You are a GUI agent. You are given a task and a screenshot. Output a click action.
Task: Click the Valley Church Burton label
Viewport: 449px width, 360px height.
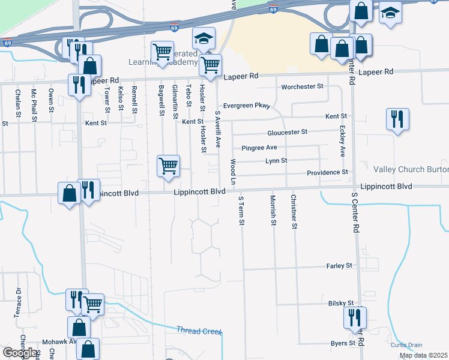point(411,170)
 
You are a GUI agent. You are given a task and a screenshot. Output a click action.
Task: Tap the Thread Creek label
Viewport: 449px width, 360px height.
point(199,331)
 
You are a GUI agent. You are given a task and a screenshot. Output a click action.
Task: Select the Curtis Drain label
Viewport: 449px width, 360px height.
point(406,345)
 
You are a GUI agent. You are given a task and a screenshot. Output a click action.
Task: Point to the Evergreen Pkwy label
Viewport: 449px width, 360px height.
point(247,106)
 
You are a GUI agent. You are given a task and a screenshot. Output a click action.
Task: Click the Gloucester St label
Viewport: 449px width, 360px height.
point(288,132)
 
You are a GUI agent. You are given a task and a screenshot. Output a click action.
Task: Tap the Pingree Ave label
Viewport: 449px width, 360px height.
point(259,148)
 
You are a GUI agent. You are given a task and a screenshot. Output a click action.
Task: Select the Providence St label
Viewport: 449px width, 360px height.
point(328,173)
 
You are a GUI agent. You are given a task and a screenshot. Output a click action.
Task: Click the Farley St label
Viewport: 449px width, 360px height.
point(340,265)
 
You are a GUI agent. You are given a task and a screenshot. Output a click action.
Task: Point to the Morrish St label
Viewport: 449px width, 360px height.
point(273,211)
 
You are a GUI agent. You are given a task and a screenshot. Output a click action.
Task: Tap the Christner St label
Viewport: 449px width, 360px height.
point(294,212)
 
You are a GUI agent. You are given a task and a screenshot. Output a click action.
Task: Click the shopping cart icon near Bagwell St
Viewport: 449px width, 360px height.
point(168,166)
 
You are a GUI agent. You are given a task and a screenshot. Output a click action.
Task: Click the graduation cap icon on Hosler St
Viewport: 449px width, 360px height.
point(204,39)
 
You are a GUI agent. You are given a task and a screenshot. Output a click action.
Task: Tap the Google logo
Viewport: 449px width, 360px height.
point(19,353)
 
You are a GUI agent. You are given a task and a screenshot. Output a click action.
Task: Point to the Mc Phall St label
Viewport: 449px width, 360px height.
point(34,101)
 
